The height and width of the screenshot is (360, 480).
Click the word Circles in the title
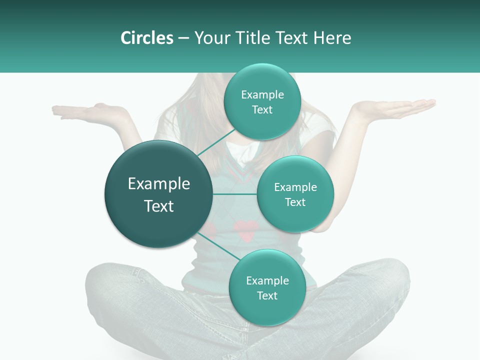click(x=146, y=38)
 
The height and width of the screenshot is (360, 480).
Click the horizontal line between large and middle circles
click(x=235, y=194)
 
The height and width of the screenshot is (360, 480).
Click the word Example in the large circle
click(x=158, y=184)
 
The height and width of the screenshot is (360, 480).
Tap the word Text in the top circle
click(x=262, y=109)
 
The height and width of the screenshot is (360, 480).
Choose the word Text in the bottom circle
click(x=267, y=295)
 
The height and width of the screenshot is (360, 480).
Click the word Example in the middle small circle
click(x=295, y=187)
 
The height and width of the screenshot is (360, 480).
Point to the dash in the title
click(x=183, y=38)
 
